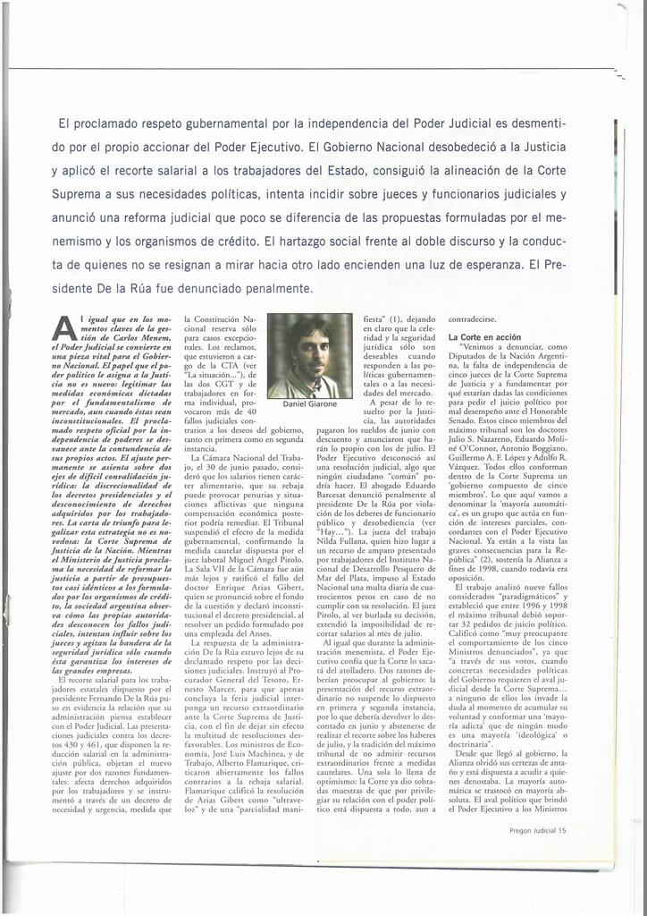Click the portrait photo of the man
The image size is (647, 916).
[x=309, y=355]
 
